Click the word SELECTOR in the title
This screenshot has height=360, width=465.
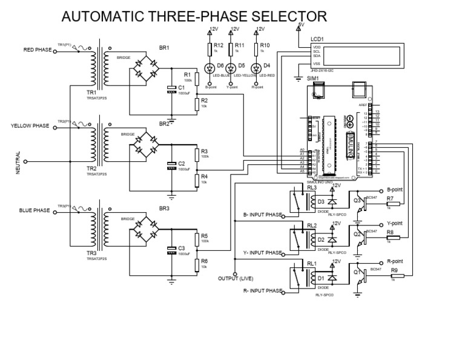pyautogui.click(x=281, y=16)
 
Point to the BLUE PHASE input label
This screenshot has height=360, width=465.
pyautogui.click(x=35, y=210)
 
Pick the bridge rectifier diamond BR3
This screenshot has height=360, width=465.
pyautogui.click(x=143, y=230)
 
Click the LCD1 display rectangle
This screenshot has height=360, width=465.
pyautogui.click(x=357, y=56)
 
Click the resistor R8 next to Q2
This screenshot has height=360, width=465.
pyautogui.click(x=390, y=238)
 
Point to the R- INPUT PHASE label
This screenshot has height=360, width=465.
pyautogui.click(x=262, y=291)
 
